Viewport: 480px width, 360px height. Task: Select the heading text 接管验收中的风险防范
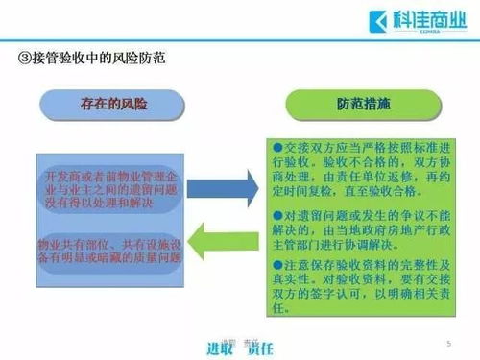pos(97,58)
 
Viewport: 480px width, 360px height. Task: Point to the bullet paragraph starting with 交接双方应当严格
pos(362,169)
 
